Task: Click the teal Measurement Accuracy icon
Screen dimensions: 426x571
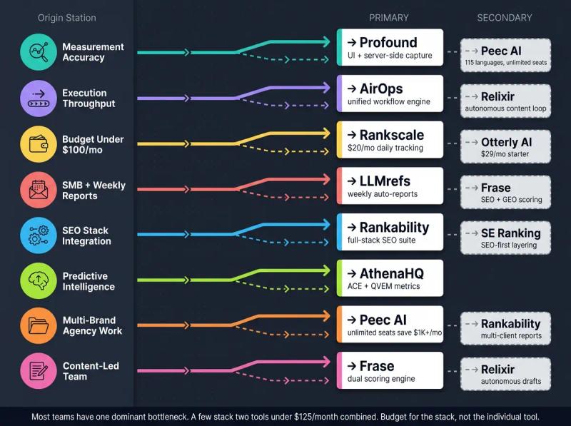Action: (x=38, y=52)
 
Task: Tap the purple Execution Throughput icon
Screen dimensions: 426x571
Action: (x=38, y=98)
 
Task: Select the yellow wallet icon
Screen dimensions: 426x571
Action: (x=38, y=144)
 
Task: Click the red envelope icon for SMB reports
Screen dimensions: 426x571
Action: (x=38, y=190)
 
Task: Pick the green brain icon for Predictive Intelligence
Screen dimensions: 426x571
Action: (x=38, y=281)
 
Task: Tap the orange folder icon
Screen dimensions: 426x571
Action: (x=38, y=326)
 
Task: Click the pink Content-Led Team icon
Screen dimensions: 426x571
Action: (x=38, y=371)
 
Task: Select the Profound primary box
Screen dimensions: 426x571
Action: (x=390, y=48)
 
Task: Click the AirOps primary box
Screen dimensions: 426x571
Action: (x=390, y=93)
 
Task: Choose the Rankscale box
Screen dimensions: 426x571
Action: (x=390, y=140)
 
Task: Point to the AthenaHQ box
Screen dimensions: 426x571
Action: (x=390, y=278)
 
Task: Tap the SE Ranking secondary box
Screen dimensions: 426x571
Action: (x=505, y=238)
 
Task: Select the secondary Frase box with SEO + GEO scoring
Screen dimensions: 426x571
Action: (x=505, y=193)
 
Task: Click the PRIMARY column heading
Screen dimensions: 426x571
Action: (x=389, y=18)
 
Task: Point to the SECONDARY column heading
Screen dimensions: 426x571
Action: (x=504, y=18)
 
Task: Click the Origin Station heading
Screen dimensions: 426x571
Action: (x=66, y=18)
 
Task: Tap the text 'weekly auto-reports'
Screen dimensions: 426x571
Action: (x=382, y=194)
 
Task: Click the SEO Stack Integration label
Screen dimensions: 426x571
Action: (x=86, y=236)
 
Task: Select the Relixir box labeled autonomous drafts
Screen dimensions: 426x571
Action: (x=505, y=375)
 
